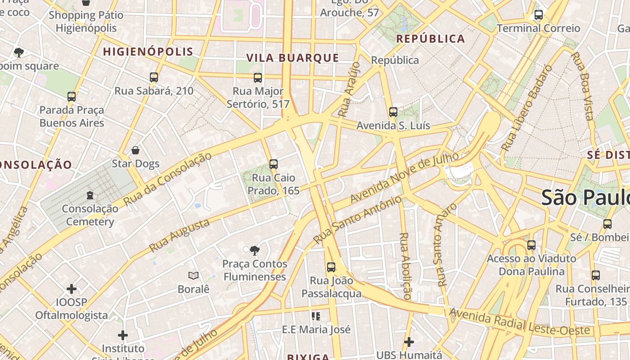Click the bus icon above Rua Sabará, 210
click(x=154, y=77)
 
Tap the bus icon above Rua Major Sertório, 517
click(x=258, y=78)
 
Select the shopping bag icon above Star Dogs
click(x=135, y=150)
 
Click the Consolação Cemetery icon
click(x=90, y=195)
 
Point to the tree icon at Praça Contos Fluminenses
click(x=254, y=251)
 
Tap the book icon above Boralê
click(x=193, y=275)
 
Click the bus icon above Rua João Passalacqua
click(x=331, y=267)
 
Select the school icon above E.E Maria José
click(x=316, y=316)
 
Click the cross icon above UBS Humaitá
click(x=409, y=342)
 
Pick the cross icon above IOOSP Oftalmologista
click(x=72, y=288)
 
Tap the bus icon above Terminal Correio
click(x=538, y=15)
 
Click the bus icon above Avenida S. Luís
click(x=393, y=112)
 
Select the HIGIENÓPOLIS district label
click(x=148, y=52)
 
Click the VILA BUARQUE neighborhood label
click(x=292, y=58)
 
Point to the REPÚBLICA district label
click(x=430, y=39)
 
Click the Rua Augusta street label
click(x=179, y=235)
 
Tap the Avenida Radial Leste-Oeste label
click(x=519, y=321)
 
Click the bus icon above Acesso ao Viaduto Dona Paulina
click(x=531, y=245)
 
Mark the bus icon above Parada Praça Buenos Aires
click(x=72, y=97)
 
